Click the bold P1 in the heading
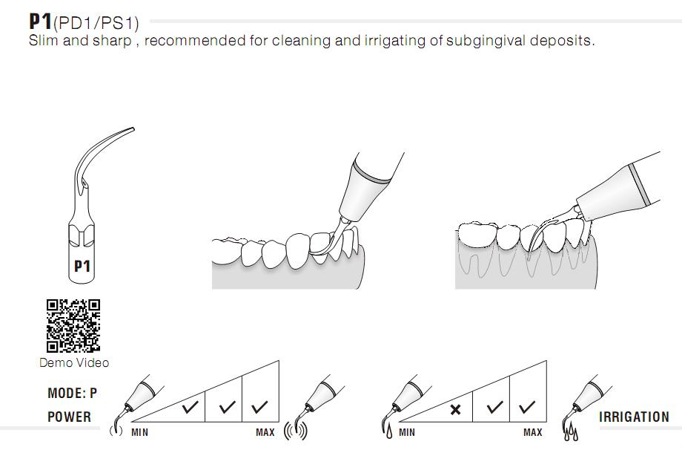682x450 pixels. point(40,21)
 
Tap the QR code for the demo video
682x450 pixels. point(73,325)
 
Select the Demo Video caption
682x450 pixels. point(74,362)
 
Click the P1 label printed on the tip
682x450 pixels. point(82,265)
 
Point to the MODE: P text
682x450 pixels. point(72,393)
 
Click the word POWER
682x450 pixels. point(69,417)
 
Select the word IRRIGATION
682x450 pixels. point(634,417)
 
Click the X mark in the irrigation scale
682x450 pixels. point(455,409)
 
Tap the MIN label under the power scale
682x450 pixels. point(139,432)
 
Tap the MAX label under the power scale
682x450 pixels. point(265,432)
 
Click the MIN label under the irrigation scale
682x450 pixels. point(407,432)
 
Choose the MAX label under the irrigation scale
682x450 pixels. point(532,432)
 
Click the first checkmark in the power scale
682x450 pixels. point(191,407)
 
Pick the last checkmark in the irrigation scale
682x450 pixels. point(527,407)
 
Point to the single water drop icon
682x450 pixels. point(388,431)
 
